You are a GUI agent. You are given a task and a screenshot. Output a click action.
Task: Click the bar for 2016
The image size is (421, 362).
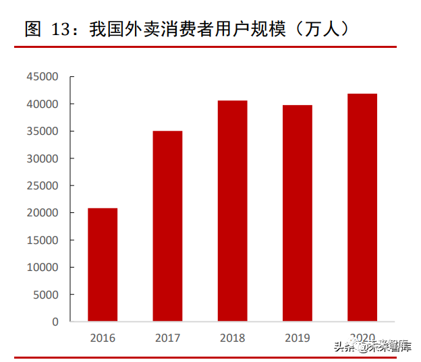point(103,264)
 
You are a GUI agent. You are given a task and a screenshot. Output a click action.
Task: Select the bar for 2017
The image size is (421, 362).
point(167,226)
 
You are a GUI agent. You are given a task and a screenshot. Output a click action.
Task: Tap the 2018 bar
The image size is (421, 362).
point(232,210)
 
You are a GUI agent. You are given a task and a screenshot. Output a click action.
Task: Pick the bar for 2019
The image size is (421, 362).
point(297,213)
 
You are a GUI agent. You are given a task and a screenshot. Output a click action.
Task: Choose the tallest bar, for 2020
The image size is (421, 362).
point(362,207)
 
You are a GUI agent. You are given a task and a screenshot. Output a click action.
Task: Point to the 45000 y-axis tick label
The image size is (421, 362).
point(43,77)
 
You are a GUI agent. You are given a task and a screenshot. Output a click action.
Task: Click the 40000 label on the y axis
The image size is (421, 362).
point(43,104)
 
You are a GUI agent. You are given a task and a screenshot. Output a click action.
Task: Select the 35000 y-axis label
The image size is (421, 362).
point(43,131)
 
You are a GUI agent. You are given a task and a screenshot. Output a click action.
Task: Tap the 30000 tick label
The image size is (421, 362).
point(43,158)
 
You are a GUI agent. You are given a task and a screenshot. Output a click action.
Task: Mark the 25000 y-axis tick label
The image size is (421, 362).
point(43,186)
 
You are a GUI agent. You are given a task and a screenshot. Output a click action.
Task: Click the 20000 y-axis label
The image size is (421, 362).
point(43,213)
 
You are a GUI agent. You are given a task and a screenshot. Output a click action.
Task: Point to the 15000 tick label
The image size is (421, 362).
point(43,240)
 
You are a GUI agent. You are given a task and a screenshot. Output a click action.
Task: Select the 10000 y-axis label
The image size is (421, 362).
point(43,268)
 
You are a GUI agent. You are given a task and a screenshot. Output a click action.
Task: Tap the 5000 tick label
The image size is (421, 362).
point(45,295)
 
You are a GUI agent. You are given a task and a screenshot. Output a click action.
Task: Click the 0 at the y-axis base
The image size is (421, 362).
point(55,322)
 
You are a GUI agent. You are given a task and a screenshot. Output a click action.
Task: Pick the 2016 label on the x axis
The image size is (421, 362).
point(103,338)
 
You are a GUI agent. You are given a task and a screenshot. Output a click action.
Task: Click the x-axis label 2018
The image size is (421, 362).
point(232,338)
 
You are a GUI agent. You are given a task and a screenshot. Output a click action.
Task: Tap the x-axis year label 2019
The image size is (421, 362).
point(297,338)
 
